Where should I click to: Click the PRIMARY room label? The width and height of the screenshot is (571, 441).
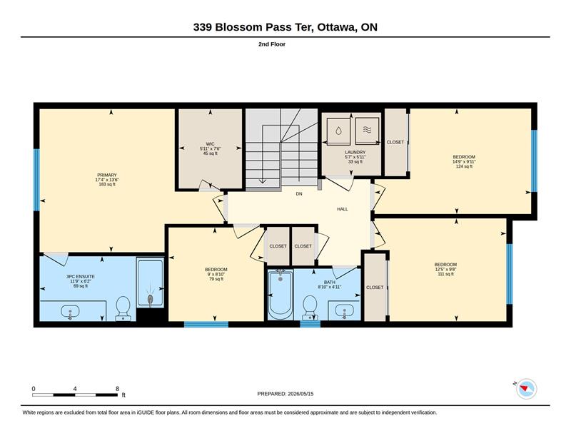[106, 175]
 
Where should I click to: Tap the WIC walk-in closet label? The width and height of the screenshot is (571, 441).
[210, 144]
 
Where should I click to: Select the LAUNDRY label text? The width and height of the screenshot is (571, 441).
[355, 152]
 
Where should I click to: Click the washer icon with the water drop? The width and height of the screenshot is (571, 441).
[338, 131]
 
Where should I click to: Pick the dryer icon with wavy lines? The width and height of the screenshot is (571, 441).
[367, 130]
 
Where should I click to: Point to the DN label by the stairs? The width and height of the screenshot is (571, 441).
[299, 194]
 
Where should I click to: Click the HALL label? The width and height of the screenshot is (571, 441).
[343, 209]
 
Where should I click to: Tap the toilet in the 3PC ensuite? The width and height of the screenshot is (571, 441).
[123, 308]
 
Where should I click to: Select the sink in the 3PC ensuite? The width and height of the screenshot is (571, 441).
[70, 312]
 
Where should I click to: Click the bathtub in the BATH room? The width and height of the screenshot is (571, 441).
[281, 294]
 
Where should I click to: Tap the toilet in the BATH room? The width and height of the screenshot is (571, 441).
[310, 306]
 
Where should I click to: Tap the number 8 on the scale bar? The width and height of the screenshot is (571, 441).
[117, 389]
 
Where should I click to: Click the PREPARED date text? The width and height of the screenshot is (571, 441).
[285, 394]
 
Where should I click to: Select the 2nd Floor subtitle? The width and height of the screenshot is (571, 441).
[272, 44]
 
